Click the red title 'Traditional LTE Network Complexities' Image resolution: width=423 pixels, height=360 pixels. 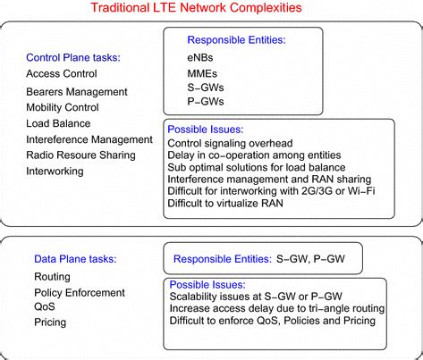[x=210, y=8]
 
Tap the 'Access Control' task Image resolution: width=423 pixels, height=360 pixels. [x=62, y=73]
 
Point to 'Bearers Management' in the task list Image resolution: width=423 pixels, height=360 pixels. [x=77, y=91]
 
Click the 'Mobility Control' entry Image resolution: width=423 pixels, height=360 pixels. [x=63, y=107]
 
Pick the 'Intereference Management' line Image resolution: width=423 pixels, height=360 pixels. [x=89, y=139]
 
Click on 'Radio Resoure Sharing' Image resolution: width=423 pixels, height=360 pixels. [x=80, y=155]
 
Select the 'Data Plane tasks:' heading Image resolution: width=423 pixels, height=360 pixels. [x=75, y=259]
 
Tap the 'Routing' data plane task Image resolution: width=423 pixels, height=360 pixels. [x=52, y=277]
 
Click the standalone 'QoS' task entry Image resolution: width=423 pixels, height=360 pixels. [x=46, y=306]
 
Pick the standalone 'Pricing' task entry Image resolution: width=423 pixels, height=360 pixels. [x=51, y=321]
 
